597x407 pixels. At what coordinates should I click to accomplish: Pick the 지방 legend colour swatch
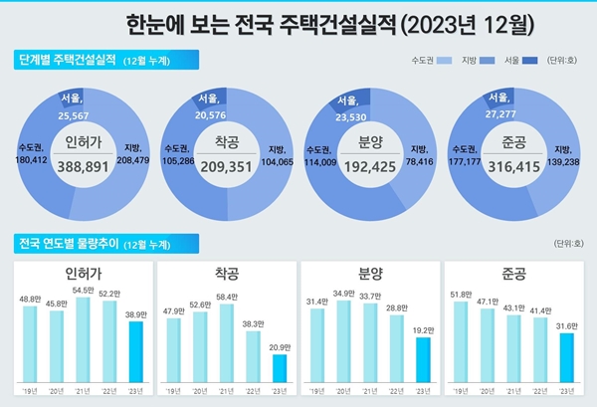coord(483,61)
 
